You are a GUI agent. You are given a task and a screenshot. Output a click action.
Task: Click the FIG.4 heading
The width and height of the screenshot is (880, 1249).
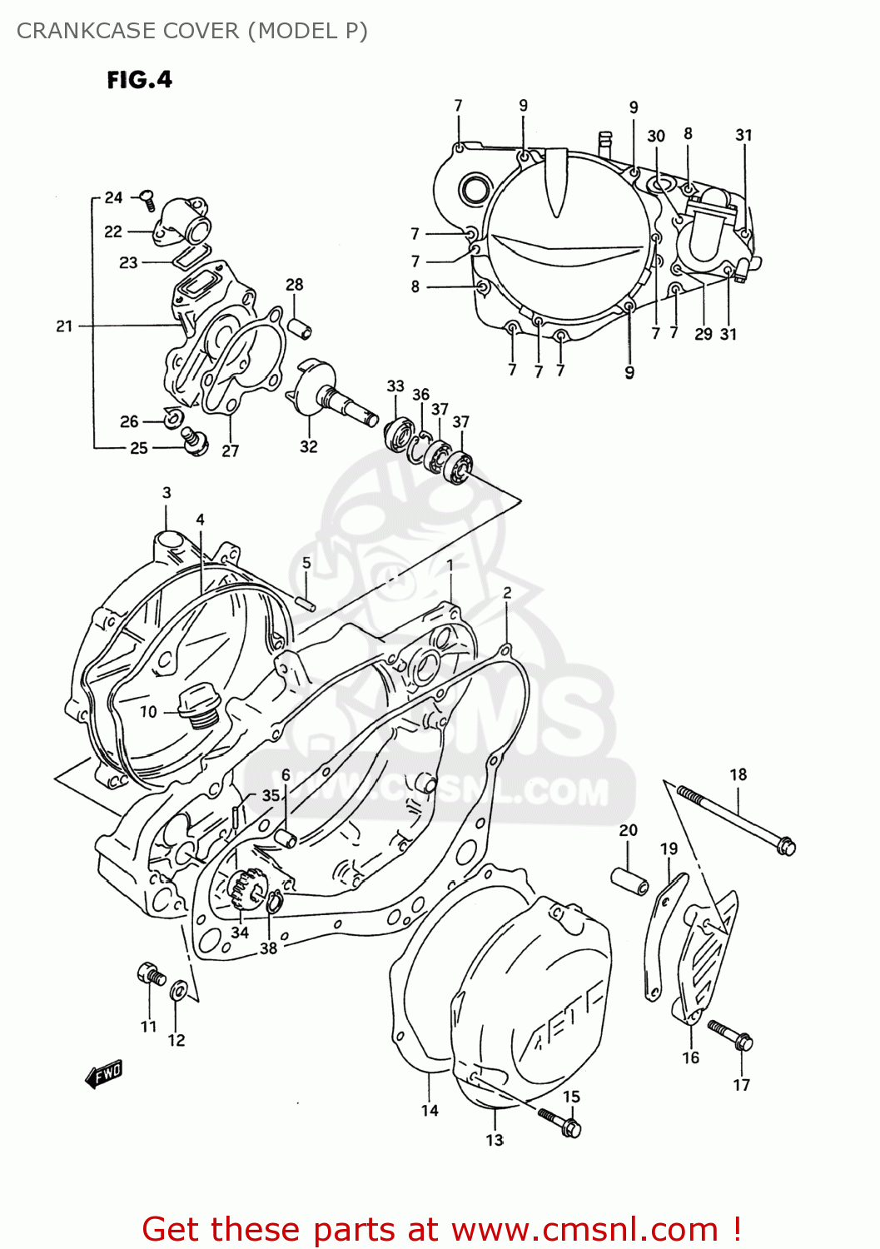pyautogui.click(x=139, y=80)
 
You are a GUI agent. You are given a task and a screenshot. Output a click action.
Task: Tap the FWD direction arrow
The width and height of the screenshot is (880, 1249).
pyautogui.click(x=104, y=1074)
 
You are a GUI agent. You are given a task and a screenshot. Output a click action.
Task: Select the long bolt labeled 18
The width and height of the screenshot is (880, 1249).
pyautogui.click(x=736, y=819)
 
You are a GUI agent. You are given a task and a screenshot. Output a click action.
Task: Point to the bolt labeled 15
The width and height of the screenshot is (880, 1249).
pyautogui.click(x=559, y=1121)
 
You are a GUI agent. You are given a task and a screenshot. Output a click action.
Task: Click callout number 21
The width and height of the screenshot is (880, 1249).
pyautogui.click(x=64, y=326)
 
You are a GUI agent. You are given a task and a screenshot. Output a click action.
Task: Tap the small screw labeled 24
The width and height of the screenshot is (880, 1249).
pyautogui.click(x=147, y=198)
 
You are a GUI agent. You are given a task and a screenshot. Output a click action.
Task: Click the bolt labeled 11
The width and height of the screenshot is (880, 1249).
pyautogui.click(x=151, y=973)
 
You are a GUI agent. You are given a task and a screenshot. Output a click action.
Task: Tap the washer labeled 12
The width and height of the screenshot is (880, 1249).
pyautogui.click(x=177, y=992)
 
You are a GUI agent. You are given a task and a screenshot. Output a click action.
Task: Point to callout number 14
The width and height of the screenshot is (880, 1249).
pyautogui.click(x=429, y=1110)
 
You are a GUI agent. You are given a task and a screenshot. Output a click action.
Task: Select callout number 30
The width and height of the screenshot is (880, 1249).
pyautogui.click(x=656, y=136)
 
